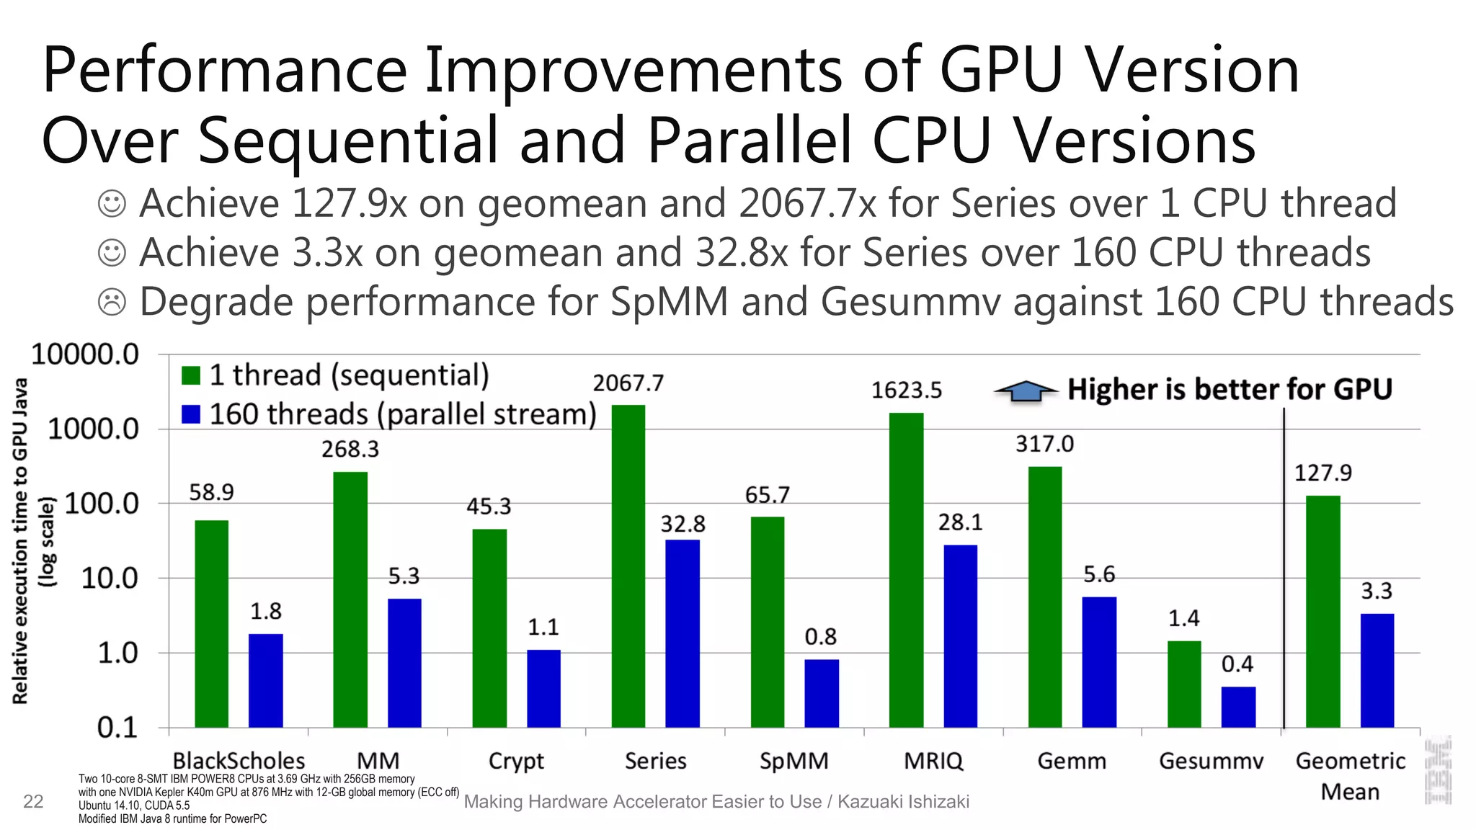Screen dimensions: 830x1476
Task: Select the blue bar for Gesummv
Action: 1238,707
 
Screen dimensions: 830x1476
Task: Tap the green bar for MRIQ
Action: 906,569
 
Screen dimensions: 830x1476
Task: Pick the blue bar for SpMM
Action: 822,693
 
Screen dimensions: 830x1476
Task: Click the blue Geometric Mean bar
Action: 1377,670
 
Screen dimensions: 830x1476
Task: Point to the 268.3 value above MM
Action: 350,450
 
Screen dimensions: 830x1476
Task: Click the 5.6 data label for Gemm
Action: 1099,574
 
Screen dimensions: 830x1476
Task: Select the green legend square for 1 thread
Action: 191,375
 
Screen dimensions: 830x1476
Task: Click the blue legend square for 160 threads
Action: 191,414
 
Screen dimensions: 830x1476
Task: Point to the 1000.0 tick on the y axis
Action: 93,429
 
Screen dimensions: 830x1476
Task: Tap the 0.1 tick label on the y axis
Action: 117,728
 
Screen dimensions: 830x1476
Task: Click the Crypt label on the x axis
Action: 516,761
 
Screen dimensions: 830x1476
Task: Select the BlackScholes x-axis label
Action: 239,761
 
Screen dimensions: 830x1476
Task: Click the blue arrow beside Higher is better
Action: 1025,391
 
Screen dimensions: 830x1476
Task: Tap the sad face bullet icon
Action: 112,302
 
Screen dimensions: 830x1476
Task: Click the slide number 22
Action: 33,801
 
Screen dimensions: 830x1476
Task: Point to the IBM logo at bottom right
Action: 1438,769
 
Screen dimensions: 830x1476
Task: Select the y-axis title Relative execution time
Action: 20,540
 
